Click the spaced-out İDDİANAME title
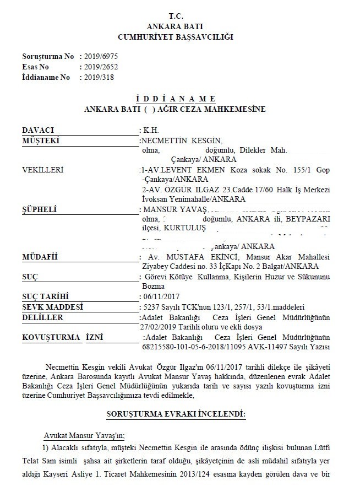click(x=175, y=99)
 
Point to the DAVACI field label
click(x=38, y=131)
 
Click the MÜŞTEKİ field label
click(x=40, y=141)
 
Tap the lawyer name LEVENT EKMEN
click(x=181, y=170)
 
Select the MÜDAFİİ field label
click(x=40, y=257)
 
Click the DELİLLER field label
click(x=42, y=317)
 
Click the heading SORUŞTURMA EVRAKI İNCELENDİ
click(x=176, y=413)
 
